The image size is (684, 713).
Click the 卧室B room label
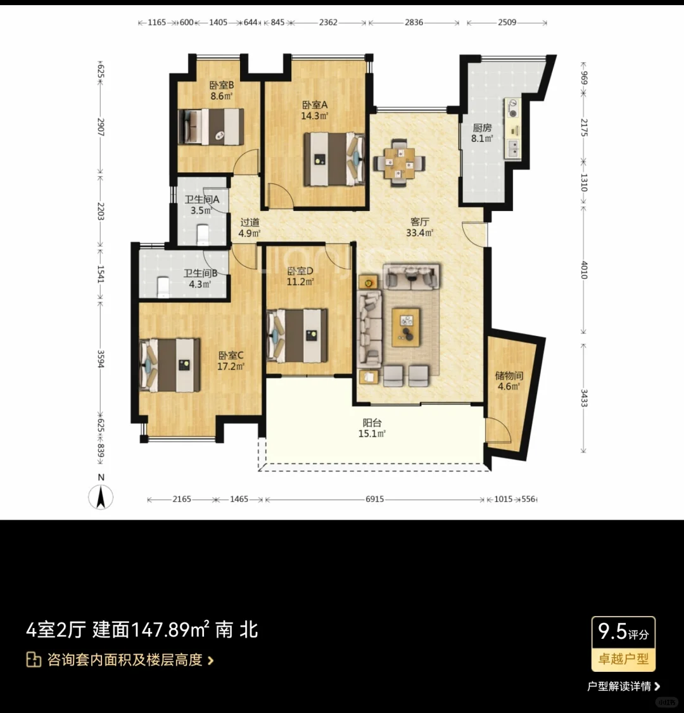(x=222, y=85)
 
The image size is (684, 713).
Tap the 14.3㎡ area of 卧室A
(x=314, y=116)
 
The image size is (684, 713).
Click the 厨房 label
(x=482, y=127)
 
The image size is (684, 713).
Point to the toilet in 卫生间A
(x=203, y=234)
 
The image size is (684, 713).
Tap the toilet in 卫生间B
(x=163, y=286)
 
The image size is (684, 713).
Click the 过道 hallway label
(x=250, y=222)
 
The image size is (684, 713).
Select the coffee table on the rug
(x=406, y=327)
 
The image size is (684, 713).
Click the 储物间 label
(x=509, y=375)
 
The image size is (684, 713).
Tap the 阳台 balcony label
(x=372, y=423)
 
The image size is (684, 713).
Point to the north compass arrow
(x=101, y=496)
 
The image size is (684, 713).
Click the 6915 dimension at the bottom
(x=374, y=499)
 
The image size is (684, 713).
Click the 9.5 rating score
(x=612, y=631)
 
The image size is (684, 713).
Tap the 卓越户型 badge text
(x=624, y=658)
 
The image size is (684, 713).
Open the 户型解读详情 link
(x=623, y=686)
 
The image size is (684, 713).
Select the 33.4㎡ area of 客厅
(x=419, y=233)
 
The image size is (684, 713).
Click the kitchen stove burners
(x=512, y=109)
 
